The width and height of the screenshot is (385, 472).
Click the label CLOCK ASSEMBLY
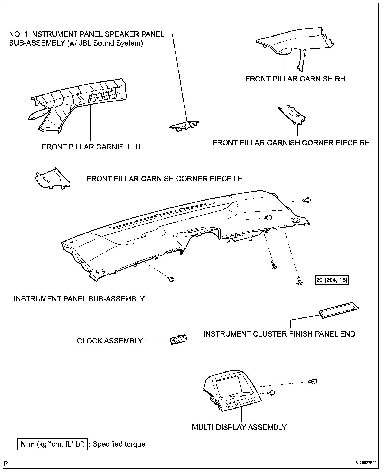pyautogui.click(x=110, y=341)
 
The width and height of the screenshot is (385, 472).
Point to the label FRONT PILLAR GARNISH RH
pyautogui.click(x=295, y=79)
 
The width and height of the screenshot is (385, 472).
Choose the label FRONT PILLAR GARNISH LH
pyautogui.click(x=91, y=147)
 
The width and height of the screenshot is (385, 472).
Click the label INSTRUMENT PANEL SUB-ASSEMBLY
pyautogui.click(x=79, y=299)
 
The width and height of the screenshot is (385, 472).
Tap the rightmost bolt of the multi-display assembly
pyautogui.click(x=313, y=381)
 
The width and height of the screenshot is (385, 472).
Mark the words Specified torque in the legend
pyautogui.click(x=119, y=444)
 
